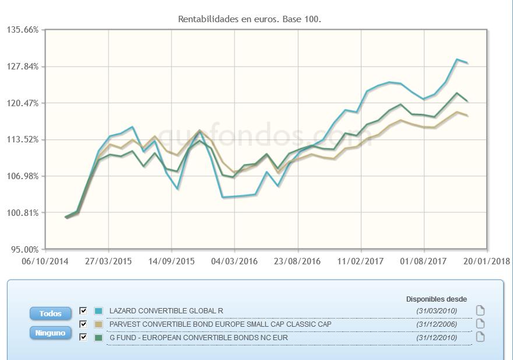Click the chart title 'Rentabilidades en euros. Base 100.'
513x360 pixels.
pyautogui.click(x=250, y=19)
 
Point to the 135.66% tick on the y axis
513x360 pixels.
pyautogui.click(x=22, y=30)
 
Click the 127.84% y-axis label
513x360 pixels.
pyautogui.click(x=22, y=67)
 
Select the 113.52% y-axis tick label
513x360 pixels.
pyautogui.click(x=22, y=139)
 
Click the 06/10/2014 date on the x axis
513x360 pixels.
pyautogui.click(x=44, y=261)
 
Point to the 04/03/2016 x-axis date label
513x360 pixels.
pyautogui.click(x=234, y=261)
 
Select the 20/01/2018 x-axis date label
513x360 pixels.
pyautogui.click(x=487, y=261)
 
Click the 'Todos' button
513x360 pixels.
pyautogui.click(x=50, y=314)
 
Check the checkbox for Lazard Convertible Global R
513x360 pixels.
pyautogui.click(x=83, y=311)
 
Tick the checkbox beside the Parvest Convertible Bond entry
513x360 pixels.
pyautogui.click(x=83, y=324)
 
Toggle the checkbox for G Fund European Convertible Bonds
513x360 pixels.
pyautogui.click(x=83, y=337)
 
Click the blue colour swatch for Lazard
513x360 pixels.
pyautogui.click(x=99, y=311)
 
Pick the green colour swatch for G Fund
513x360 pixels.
pyautogui.click(x=99, y=337)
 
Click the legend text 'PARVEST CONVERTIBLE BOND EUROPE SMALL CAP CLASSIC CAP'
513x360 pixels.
pyautogui.click(x=220, y=324)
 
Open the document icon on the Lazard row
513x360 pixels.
pyautogui.click(x=480, y=310)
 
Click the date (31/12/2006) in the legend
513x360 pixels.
pyautogui.click(x=437, y=324)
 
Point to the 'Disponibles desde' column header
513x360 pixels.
pyautogui.click(x=436, y=299)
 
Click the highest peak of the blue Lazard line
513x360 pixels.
pyautogui.click(x=458, y=60)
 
